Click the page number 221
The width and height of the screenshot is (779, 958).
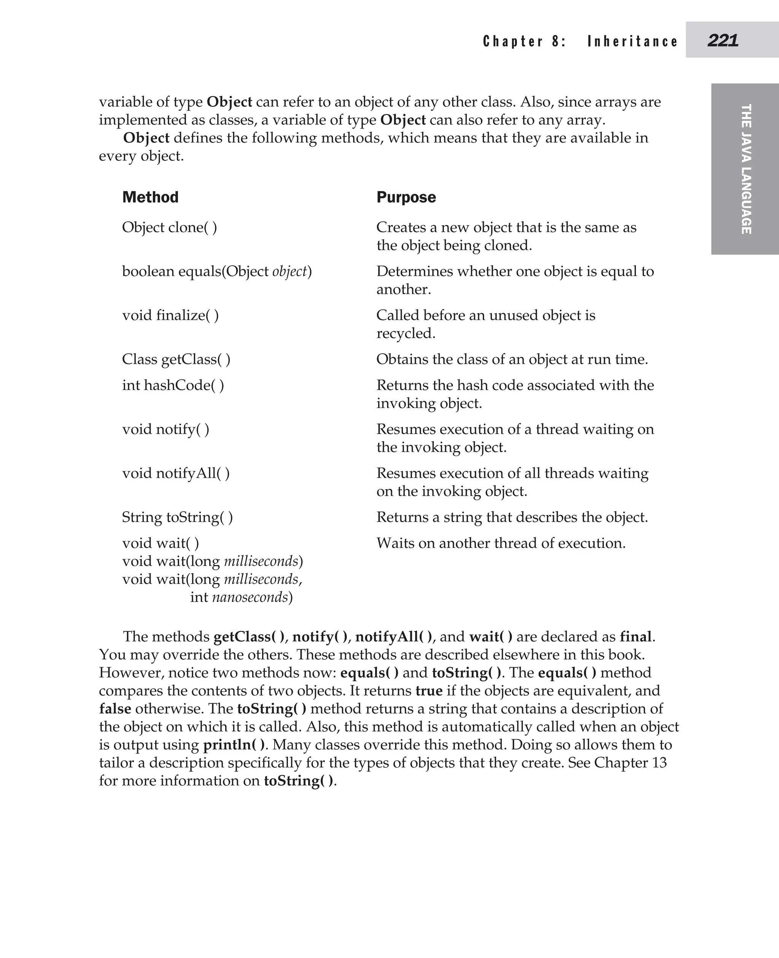tap(722, 40)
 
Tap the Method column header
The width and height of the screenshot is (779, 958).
tap(150, 197)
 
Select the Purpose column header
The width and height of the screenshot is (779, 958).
tap(406, 197)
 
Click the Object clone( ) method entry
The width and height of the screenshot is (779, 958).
tap(170, 227)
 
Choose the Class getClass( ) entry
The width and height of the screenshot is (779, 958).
tap(176, 359)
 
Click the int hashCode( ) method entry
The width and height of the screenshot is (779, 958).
tap(173, 385)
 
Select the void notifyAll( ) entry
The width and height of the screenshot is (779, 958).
tap(176, 473)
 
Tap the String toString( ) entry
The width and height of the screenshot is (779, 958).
tap(177, 517)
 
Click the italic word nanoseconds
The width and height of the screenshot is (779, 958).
tap(250, 597)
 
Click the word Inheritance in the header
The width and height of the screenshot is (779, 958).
tap(632, 41)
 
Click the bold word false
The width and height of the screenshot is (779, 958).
tap(115, 709)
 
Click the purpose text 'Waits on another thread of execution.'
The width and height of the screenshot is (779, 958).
tap(501, 543)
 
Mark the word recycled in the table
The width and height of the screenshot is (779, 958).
tap(405, 333)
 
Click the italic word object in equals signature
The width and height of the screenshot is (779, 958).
tap(290, 272)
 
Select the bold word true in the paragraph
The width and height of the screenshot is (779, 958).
tap(429, 691)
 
